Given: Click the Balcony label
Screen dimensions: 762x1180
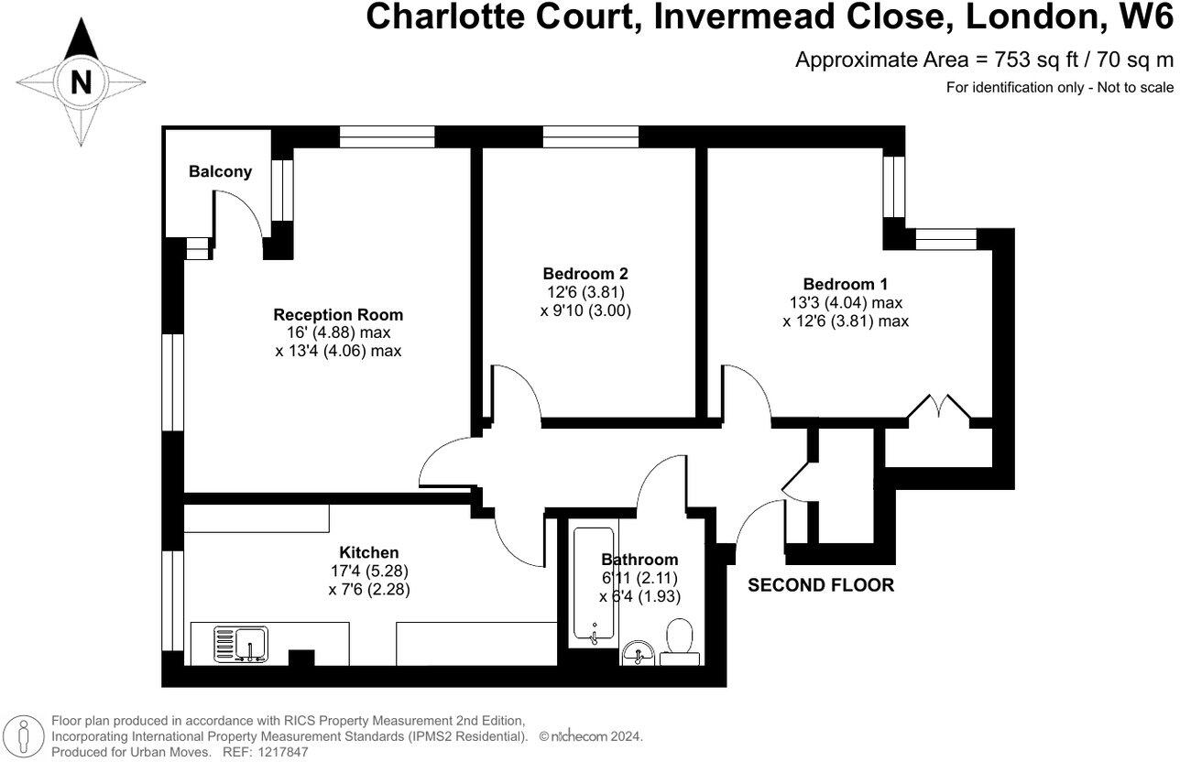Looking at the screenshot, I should click(220, 171).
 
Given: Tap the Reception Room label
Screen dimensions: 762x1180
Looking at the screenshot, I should click(338, 314).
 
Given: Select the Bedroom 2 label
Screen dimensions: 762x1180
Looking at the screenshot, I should click(586, 273).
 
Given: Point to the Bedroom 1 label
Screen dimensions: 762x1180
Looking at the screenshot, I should click(845, 284).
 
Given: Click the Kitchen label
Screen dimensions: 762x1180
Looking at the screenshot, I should click(369, 552).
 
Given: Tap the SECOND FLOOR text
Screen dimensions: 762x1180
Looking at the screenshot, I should click(821, 585).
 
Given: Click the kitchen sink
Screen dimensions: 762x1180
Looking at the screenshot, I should click(241, 642).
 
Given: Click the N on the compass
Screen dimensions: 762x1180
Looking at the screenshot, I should click(82, 82).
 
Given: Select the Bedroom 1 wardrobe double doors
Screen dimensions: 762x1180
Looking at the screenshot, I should click(936, 407).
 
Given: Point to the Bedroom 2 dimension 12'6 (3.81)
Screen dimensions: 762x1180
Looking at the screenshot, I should click(586, 292).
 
